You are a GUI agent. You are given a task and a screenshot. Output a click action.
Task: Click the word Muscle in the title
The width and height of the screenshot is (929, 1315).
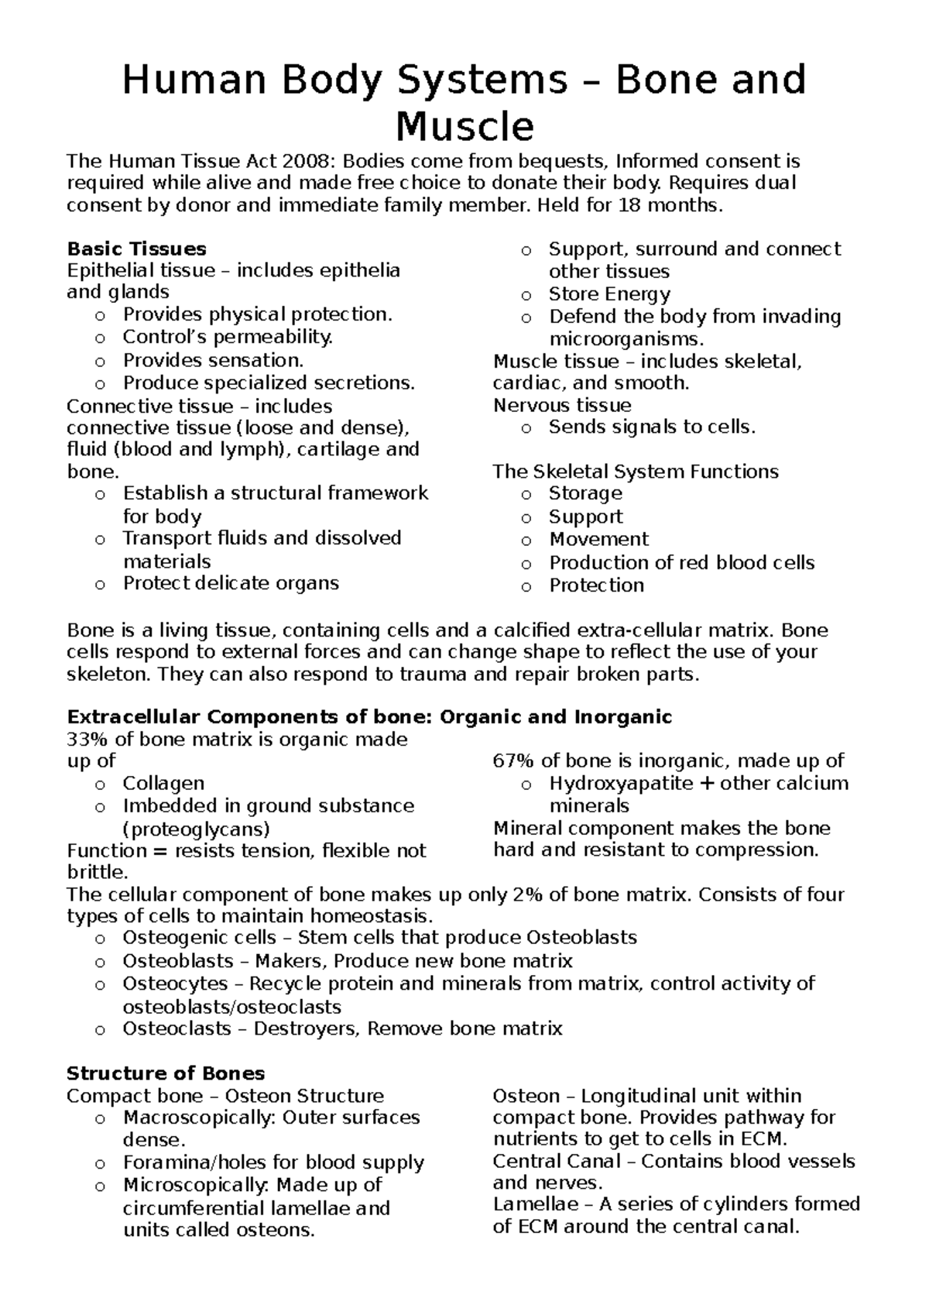click(x=464, y=126)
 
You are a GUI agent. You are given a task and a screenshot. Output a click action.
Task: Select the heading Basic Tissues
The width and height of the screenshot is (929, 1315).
click(x=136, y=249)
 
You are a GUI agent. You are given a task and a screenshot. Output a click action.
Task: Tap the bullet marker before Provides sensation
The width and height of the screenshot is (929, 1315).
click(x=100, y=362)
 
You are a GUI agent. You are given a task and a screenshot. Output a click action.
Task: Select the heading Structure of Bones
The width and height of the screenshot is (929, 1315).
click(x=166, y=1073)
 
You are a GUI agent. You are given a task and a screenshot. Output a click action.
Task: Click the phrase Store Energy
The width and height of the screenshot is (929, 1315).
click(x=609, y=294)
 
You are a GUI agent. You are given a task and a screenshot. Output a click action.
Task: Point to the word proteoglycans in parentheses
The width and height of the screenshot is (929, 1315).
click(x=196, y=829)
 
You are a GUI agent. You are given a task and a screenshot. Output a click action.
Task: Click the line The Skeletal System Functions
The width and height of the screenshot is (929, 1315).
click(x=636, y=472)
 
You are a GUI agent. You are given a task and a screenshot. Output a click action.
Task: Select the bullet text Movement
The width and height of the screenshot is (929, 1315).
click(x=598, y=539)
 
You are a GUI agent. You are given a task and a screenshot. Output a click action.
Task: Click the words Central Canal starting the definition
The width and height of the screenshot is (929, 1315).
click(x=557, y=1161)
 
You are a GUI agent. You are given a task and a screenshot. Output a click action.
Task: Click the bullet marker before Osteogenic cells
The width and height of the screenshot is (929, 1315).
click(x=100, y=939)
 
